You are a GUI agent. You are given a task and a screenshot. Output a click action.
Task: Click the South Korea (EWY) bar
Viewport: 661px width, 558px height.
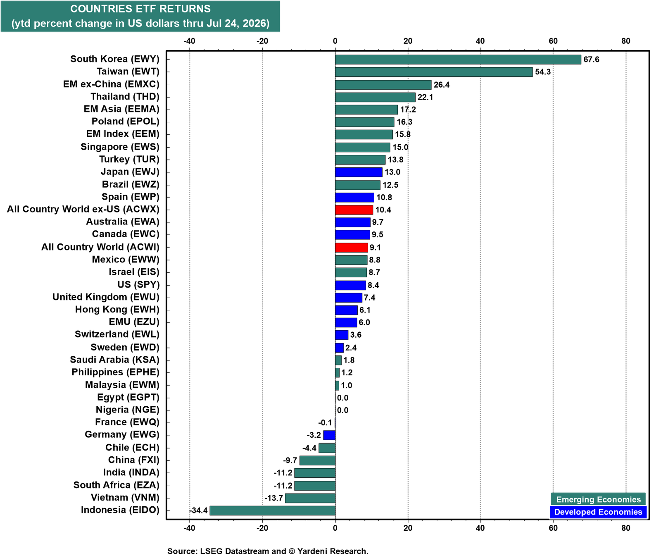[458, 60]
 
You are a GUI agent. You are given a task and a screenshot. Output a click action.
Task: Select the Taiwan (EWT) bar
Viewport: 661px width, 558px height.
[434, 72]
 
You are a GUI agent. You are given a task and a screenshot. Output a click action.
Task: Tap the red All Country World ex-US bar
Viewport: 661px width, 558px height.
[354, 210]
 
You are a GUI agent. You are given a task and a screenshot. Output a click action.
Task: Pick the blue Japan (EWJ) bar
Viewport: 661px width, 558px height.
[359, 172]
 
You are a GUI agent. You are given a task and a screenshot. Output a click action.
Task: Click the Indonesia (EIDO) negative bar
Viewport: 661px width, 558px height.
[273, 510]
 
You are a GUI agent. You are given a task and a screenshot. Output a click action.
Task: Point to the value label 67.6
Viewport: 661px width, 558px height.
[591, 60]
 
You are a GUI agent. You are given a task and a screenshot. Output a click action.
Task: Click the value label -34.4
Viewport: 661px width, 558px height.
[198, 510]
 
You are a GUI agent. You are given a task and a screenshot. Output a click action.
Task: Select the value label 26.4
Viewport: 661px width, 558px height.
[442, 85]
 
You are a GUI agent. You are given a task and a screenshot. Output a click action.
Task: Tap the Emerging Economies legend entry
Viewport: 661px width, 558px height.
[598, 499]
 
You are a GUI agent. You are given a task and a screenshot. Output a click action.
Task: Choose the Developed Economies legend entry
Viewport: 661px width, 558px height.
[598, 512]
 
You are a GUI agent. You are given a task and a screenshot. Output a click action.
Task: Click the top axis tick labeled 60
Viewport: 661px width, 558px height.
[553, 41]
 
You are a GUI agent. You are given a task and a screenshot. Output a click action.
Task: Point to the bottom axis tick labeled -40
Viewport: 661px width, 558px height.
[189, 528]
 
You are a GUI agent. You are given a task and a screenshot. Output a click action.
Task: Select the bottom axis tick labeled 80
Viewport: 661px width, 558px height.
[626, 528]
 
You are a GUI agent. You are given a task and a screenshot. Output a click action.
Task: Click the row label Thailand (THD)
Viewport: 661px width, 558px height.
[125, 97]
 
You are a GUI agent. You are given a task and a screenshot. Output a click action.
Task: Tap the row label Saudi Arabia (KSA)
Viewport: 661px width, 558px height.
[114, 360]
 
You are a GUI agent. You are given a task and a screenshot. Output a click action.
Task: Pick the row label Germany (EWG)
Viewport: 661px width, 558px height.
[122, 434]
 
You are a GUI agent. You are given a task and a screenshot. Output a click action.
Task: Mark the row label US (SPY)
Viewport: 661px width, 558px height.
[138, 284]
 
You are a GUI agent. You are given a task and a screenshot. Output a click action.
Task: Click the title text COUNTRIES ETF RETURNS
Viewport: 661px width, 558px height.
[140, 9]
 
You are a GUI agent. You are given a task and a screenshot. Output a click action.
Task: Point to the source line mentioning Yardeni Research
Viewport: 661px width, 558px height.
[268, 551]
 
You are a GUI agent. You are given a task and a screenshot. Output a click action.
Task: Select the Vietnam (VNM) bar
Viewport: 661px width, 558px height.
[310, 498]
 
